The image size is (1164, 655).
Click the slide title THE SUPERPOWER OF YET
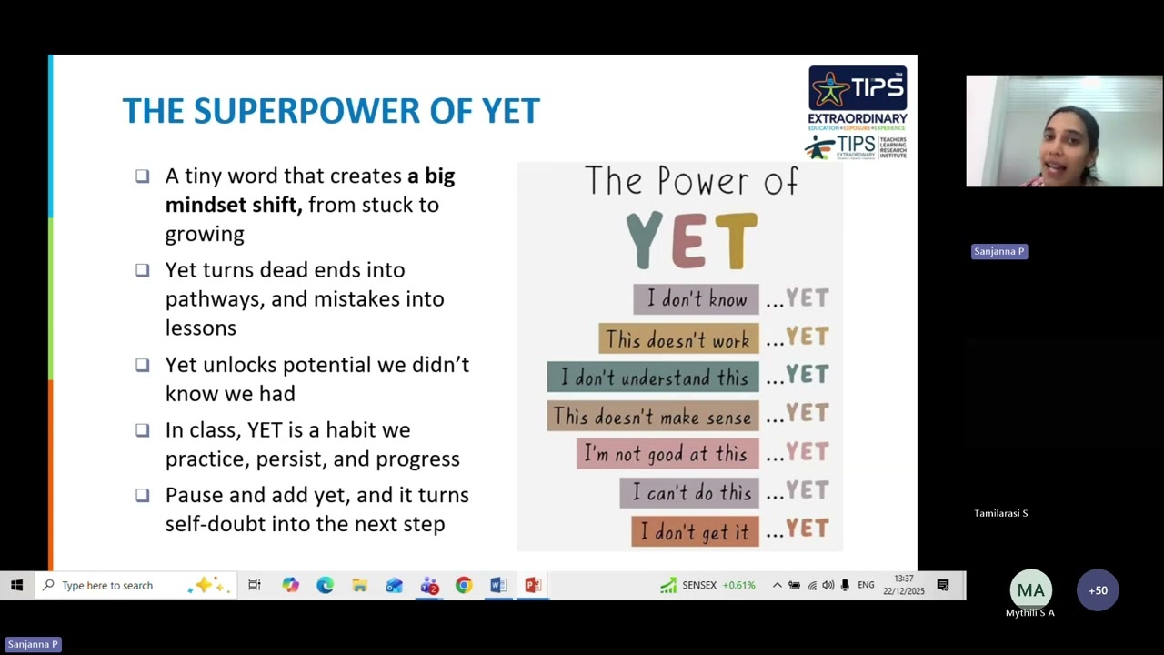331,111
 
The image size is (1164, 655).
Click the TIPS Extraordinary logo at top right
857,113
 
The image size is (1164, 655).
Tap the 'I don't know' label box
696,299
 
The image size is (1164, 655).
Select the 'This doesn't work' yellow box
677,339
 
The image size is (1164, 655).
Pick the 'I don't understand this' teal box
652,377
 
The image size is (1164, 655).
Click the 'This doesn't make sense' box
652,416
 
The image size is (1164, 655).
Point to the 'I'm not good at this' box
667,454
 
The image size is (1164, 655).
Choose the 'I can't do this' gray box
688,492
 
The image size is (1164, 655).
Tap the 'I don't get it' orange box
695,531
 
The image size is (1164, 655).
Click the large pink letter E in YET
688,241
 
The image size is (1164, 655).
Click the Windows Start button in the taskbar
16,585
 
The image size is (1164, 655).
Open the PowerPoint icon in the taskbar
533,585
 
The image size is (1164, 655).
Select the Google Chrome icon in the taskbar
464,585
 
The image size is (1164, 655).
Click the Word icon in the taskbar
498,585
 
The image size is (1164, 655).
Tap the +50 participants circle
1098,590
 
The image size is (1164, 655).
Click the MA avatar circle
1030,590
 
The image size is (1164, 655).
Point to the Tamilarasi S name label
1000,513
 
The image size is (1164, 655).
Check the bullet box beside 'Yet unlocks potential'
143,365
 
